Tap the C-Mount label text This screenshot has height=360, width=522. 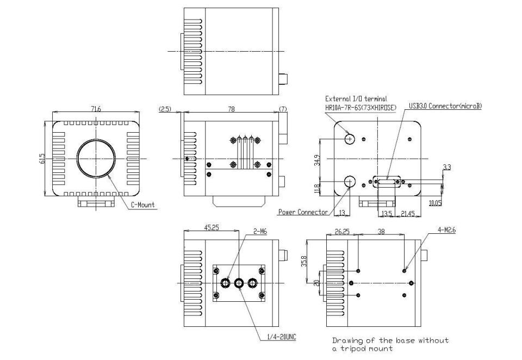click(142, 205)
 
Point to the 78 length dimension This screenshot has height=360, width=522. click(231, 109)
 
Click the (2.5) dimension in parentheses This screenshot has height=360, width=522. click(165, 109)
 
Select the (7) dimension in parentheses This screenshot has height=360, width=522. click(283, 109)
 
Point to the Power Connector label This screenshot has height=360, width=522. click(302, 212)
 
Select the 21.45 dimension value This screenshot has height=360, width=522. click(408, 213)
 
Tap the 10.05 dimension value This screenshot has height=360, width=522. click(435, 202)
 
